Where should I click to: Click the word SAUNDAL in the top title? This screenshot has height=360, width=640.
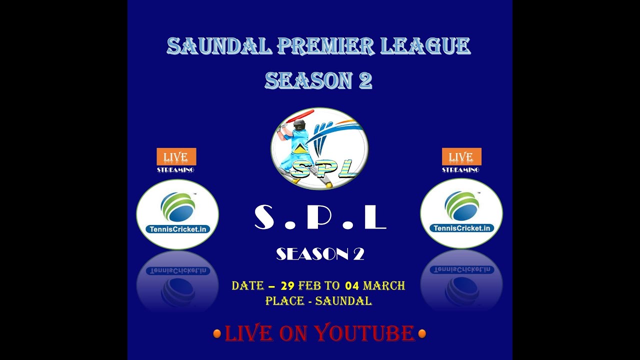pos(219,46)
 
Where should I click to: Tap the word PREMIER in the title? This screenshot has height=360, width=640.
pos(325,46)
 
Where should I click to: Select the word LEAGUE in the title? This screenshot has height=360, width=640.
pos(425,46)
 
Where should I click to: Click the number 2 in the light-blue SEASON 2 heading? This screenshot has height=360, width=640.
pos(365,81)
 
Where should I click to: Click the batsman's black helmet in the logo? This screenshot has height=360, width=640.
pos(299,124)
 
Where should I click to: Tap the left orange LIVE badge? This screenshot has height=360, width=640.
pos(176,156)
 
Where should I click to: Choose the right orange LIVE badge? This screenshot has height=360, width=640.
pos(461,156)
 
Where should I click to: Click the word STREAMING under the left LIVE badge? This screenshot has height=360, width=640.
pos(175,170)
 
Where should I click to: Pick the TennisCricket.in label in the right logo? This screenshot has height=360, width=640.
pos(461,228)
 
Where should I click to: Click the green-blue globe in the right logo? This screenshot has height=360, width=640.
pos(461,205)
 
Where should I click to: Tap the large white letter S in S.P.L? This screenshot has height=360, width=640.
pos(265,217)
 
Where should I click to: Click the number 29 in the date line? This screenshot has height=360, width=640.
pos(287,286)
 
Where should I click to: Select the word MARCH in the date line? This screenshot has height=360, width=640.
pos(383,286)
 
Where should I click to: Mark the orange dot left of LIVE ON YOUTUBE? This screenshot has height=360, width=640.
pos(217,333)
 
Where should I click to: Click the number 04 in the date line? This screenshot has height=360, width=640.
pos(352,286)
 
